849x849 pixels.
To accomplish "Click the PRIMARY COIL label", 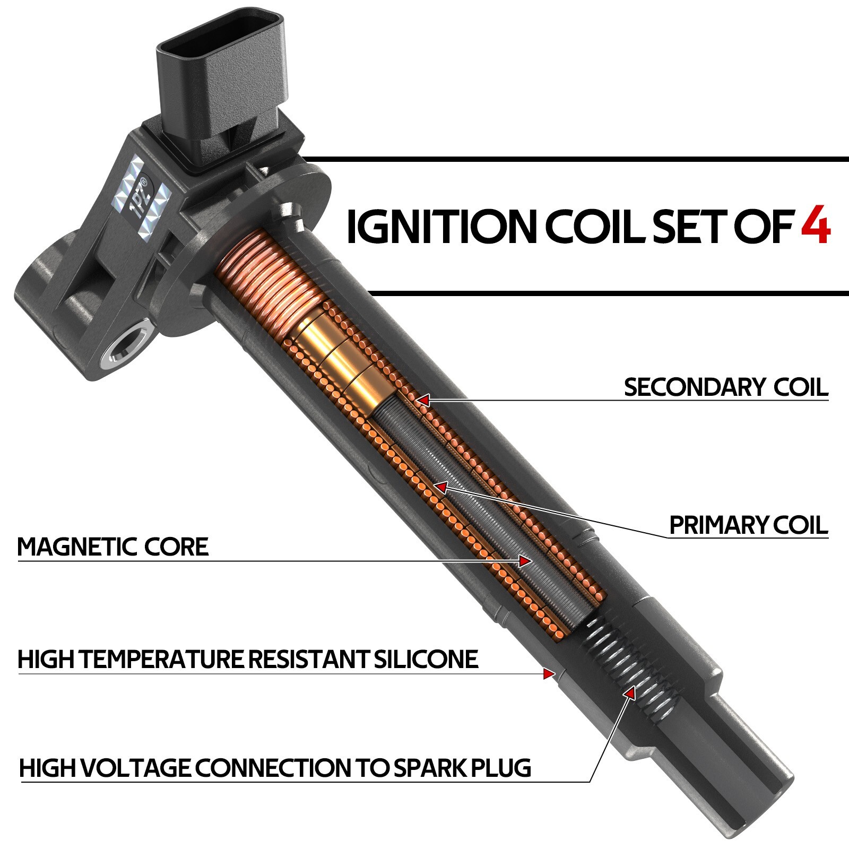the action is coord(749,525).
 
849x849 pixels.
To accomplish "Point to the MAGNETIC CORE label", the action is coord(113,547).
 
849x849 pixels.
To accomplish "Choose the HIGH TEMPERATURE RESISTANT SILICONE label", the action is coord(248,659).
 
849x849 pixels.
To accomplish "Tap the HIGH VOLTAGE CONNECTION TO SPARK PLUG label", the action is coord(275,768).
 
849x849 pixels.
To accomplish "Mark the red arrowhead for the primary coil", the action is coord(440,486).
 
